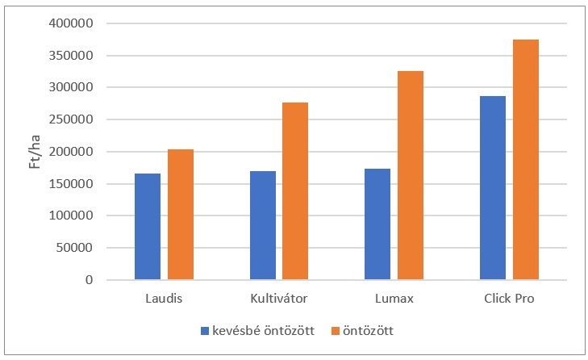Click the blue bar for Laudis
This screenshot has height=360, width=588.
(x=148, y=227)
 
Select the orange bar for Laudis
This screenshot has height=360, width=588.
(x=181, y=215)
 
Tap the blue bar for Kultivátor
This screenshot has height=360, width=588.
(x=262, y=225)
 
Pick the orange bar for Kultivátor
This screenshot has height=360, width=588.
(x=295, y=191)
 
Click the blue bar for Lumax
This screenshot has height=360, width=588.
(x=377, y=224)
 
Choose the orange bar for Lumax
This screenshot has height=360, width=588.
(x=411, y=175)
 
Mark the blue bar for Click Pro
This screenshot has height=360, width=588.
(x=492, y=188)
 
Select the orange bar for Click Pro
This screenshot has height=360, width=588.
(x=525, y=160)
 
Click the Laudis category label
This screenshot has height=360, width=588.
(x=165, y=299)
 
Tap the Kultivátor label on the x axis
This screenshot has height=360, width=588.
(x=279, y=299)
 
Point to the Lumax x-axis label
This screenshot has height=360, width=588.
(x=394, y=299)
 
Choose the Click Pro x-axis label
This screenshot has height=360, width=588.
(x=508, y=299)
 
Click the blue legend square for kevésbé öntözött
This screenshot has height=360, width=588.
(x=205, y=331)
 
